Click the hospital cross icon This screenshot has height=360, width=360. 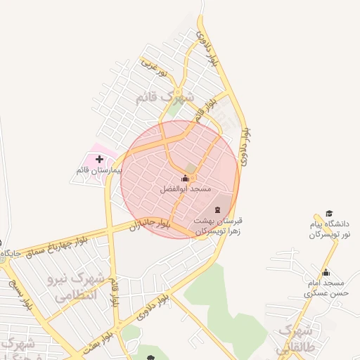99,160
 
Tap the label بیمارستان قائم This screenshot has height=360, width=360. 99,171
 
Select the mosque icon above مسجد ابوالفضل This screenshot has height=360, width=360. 186,179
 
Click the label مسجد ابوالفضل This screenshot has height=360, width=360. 186,190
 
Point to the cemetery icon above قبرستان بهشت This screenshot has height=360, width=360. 217,210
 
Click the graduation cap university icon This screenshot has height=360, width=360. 328,214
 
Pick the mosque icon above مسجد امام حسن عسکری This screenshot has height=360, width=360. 325,273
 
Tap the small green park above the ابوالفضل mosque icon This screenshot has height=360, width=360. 191,168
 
